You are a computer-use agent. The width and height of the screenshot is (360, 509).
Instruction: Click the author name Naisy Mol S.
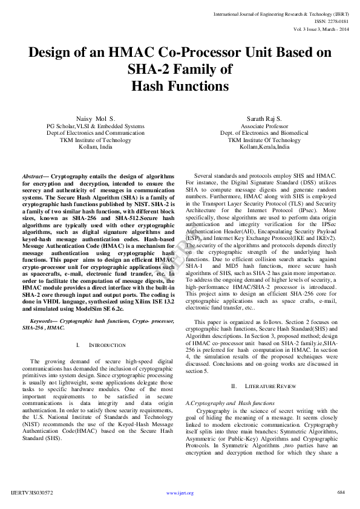click(x=96, y=118)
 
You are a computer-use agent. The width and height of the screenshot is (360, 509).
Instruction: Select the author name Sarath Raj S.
click(x=264, y=118)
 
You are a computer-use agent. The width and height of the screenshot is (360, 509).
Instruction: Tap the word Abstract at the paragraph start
click(x=35, y=175)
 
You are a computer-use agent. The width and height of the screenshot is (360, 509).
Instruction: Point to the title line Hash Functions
click(x=180, y=86)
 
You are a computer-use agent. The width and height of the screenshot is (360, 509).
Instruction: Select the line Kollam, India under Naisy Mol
click(x=96, y=147)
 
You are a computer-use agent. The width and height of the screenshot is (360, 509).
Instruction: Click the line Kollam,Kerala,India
click(x=264, y=147)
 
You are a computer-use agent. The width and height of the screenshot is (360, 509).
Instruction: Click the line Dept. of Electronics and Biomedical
click(x=264, y=133)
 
